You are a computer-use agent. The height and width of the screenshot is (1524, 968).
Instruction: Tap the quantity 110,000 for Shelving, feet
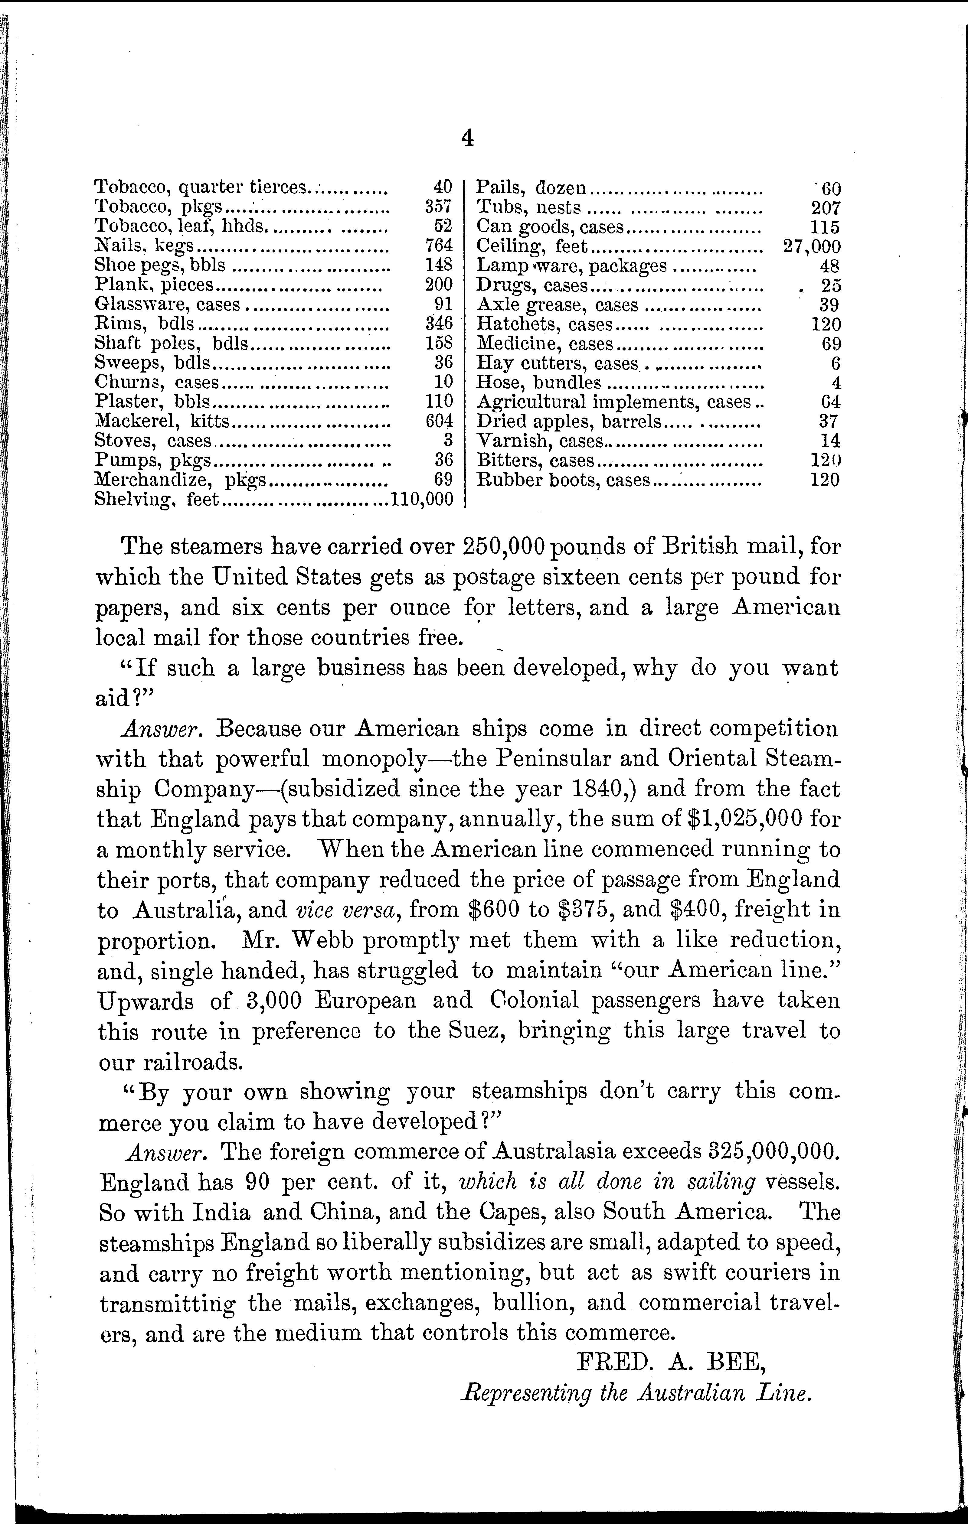tap(422, 499)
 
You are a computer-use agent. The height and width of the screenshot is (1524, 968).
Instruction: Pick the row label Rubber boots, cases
tap(563, 480)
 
